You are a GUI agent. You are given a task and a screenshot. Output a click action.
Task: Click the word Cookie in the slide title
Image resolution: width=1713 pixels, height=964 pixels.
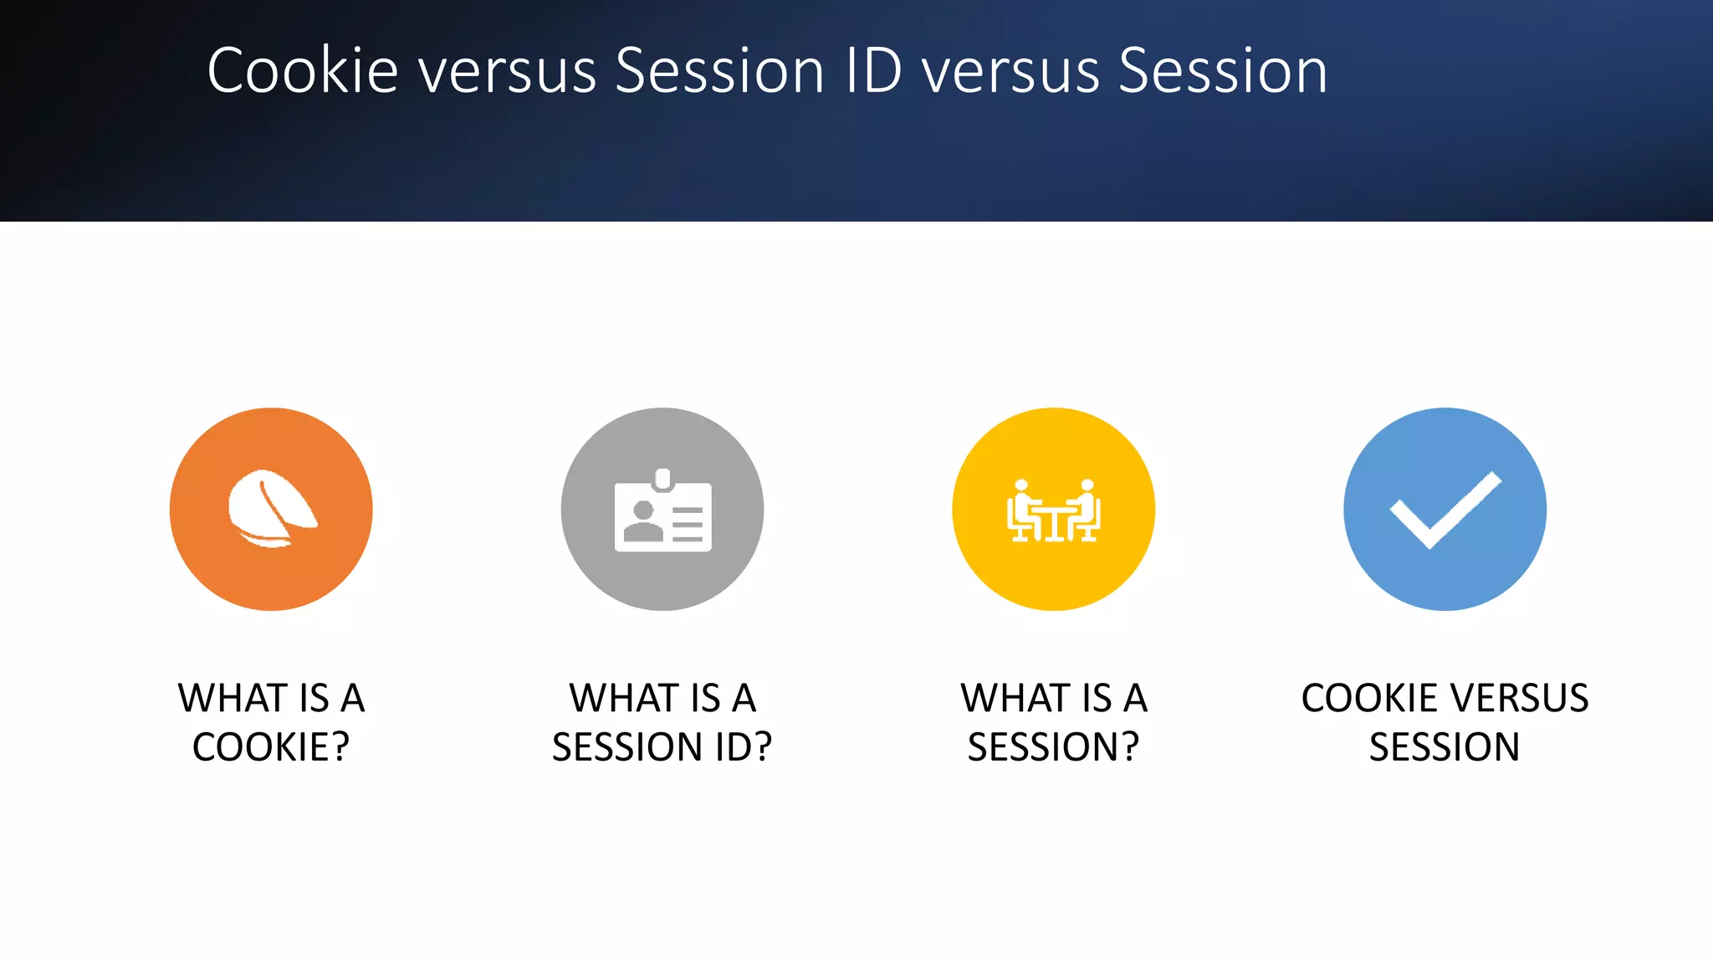(302, 70)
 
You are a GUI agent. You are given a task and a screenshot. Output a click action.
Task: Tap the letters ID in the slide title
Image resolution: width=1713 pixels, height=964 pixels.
(873, 70)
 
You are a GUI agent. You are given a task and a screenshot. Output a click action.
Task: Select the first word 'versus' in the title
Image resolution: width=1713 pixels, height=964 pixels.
(507, 70)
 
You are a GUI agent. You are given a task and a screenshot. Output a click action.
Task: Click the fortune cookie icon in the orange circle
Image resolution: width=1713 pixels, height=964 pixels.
(271, 509)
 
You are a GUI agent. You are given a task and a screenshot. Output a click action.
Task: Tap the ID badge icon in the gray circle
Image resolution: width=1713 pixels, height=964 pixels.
(662, 512)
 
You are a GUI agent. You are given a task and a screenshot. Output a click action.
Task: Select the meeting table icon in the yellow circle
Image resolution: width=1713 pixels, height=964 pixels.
(1053, 511)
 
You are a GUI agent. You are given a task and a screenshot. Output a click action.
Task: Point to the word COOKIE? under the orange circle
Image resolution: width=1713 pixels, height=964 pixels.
(271, 746)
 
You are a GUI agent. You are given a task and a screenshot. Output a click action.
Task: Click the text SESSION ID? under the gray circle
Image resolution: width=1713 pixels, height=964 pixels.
(662, 746)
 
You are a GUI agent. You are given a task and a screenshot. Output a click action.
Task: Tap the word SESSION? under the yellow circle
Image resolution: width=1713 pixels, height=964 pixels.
(1053, 746)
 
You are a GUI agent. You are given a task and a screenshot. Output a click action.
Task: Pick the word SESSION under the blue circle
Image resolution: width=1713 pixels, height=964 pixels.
(1445, 746)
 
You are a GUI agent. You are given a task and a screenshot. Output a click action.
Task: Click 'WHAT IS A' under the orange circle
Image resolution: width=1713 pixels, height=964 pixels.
(271, 698)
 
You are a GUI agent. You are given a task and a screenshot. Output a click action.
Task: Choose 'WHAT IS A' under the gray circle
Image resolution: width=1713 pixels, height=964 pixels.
(662, 698)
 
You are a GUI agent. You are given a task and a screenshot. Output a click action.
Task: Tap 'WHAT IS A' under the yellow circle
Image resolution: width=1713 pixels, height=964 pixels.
(1054, 698)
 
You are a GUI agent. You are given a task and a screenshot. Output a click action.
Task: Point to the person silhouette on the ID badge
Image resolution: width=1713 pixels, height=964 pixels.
(643, 521)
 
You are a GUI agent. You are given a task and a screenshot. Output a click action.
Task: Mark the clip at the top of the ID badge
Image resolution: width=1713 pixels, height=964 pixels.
(663, 479)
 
